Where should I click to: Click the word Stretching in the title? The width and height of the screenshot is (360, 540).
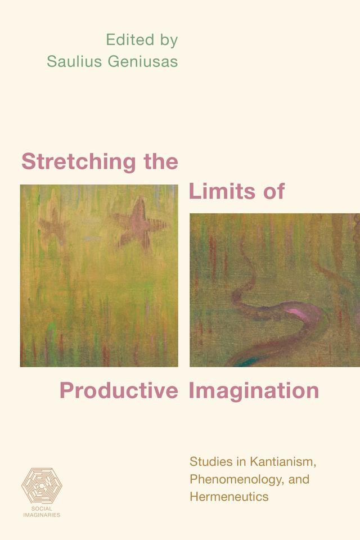(x=79, y=162)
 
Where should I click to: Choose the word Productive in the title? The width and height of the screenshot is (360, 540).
(x=119, y=390)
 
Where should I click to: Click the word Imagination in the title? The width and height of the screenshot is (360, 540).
(x=254, y=390)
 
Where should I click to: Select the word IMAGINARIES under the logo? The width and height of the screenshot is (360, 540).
(x=42, y=515)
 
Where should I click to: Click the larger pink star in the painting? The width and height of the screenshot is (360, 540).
(x=139, y=224)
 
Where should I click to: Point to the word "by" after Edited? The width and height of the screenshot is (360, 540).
(x=166, y=40)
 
